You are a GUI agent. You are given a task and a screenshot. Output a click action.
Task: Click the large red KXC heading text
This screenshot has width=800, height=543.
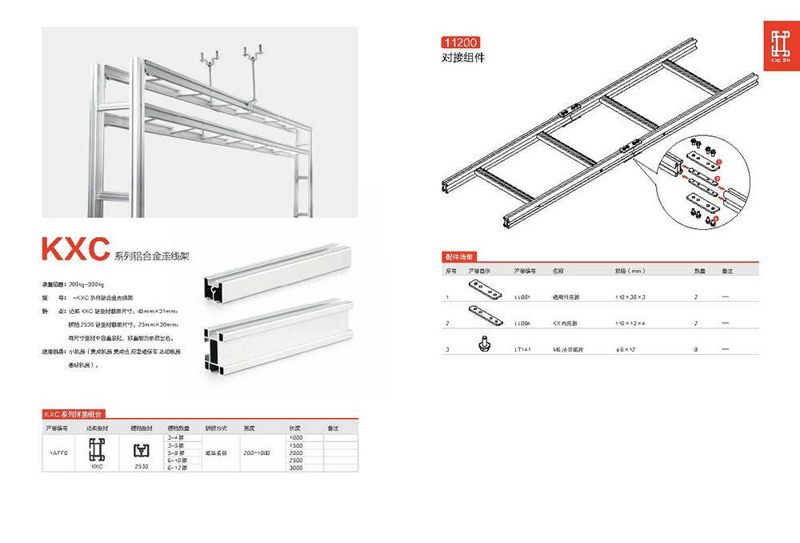75,250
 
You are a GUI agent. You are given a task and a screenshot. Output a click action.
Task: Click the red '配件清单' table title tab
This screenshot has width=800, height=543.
459,257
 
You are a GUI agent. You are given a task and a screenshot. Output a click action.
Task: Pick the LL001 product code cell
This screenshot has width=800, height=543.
523,296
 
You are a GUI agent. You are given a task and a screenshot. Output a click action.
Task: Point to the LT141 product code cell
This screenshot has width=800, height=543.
523,349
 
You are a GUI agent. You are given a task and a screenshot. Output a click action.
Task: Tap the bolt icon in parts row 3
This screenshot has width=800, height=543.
482,342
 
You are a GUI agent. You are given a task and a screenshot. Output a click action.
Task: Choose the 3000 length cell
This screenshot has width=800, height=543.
296,468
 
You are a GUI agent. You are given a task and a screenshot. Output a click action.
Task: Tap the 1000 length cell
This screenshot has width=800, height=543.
296,437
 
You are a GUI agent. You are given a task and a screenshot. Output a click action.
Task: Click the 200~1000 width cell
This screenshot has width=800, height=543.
256,452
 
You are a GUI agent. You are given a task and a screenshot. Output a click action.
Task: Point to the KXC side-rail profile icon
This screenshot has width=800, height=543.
97,449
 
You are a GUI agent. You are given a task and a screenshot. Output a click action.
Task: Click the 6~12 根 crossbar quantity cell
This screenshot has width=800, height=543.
176,468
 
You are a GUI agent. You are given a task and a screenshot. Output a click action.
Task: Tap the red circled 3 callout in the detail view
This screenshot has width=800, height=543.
716,218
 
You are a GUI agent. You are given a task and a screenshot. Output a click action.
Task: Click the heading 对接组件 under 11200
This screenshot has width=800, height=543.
463,58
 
